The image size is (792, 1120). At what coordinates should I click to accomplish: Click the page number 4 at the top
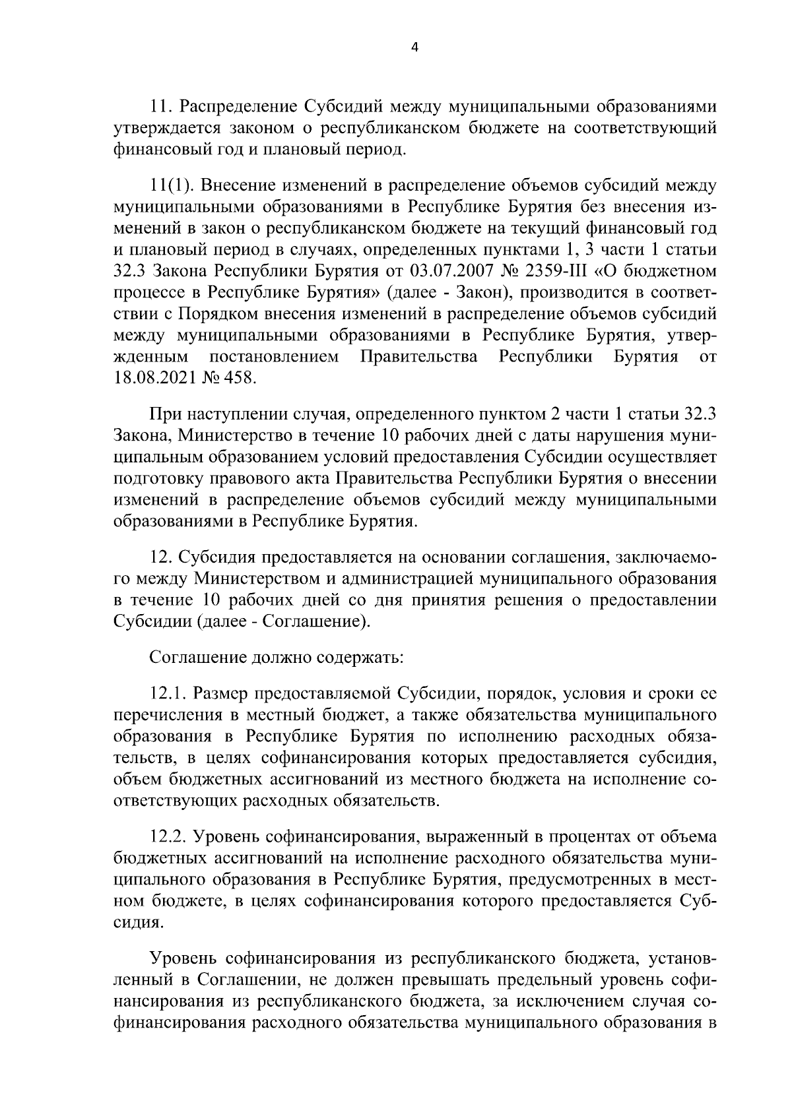[414, 46]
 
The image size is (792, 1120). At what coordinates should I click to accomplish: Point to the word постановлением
[274, 358]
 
